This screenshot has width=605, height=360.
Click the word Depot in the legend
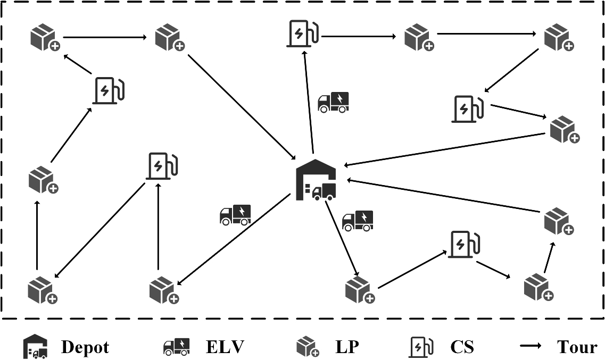(85, 347)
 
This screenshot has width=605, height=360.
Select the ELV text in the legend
(225, 347)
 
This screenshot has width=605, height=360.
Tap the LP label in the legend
(347, 347)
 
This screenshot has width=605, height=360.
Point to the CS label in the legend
(461, 347)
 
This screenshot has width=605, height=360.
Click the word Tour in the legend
(577, 347)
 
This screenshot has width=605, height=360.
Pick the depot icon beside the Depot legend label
(35, 347)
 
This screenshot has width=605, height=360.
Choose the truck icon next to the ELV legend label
(176, 347)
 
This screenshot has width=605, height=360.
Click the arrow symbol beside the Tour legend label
(531, 347)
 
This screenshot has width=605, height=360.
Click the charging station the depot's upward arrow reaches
(302, 34)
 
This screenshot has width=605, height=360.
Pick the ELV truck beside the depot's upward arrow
(333, 102)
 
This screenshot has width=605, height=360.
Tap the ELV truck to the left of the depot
(235, 214)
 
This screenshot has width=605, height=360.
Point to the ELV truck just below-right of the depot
(357, 221)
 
